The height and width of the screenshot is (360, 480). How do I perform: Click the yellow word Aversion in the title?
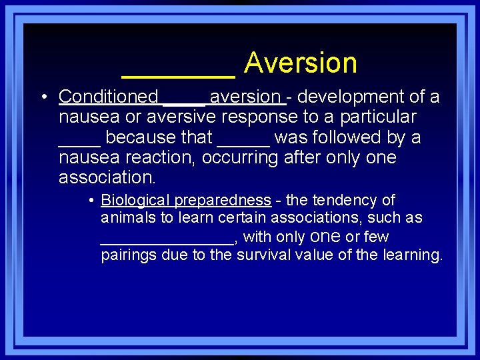(301, 63)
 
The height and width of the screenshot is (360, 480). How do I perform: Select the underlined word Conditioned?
(108, 97)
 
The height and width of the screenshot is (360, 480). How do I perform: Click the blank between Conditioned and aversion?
(184, 102)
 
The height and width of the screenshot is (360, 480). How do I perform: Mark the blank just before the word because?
(79, 143)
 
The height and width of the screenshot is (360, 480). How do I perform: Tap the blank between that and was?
(243, 143)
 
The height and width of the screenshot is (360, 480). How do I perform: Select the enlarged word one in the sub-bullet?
(326, 237)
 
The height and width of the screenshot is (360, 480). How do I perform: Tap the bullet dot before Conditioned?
(43, 98)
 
